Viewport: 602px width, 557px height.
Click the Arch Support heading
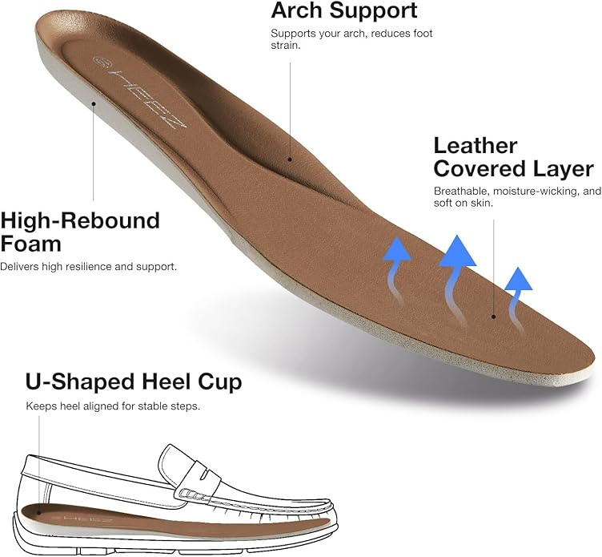344,10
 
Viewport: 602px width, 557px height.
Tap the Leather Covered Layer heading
514,157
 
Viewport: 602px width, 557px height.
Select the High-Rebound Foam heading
80,232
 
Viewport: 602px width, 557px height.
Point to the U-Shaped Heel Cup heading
134,381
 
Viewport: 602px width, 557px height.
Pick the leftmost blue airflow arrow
396,271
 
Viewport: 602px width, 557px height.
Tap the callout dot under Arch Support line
290,159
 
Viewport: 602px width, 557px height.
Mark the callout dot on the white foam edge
94,103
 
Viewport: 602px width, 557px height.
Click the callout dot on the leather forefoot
494,317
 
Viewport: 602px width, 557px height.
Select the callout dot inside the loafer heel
38,512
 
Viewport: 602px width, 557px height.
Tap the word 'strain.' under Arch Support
286,46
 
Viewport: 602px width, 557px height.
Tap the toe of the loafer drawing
330,515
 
